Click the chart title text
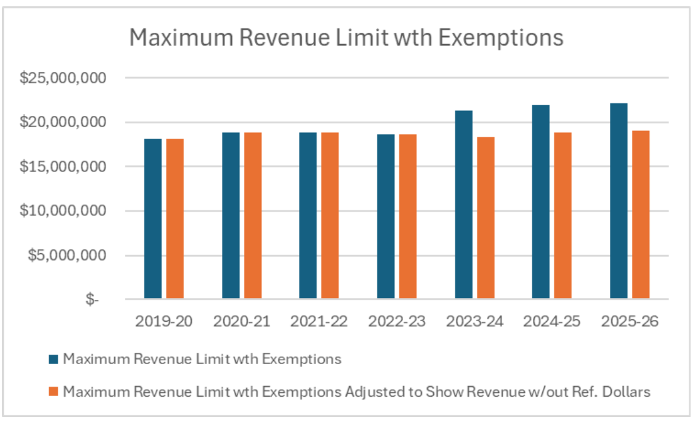pyautogui.click(x=346, y=38)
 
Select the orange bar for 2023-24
pyautogui.click(x=486, y=218)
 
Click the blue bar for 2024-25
pyautogui.click(x=540, y=202)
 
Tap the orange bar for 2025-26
pyautogui.click(x=641, y=215)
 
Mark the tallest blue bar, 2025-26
pyautogui.click(x=619, y=201)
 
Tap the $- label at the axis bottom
pyautogui.click(x=93, y=300)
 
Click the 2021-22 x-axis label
pyautogui.click(x=319, y=321)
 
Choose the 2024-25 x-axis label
pyautogui.click(x=552, y=321)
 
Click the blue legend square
pyautogui.click(x=54, y=360)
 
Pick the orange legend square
pyautogui.click(x=54, y=392)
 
